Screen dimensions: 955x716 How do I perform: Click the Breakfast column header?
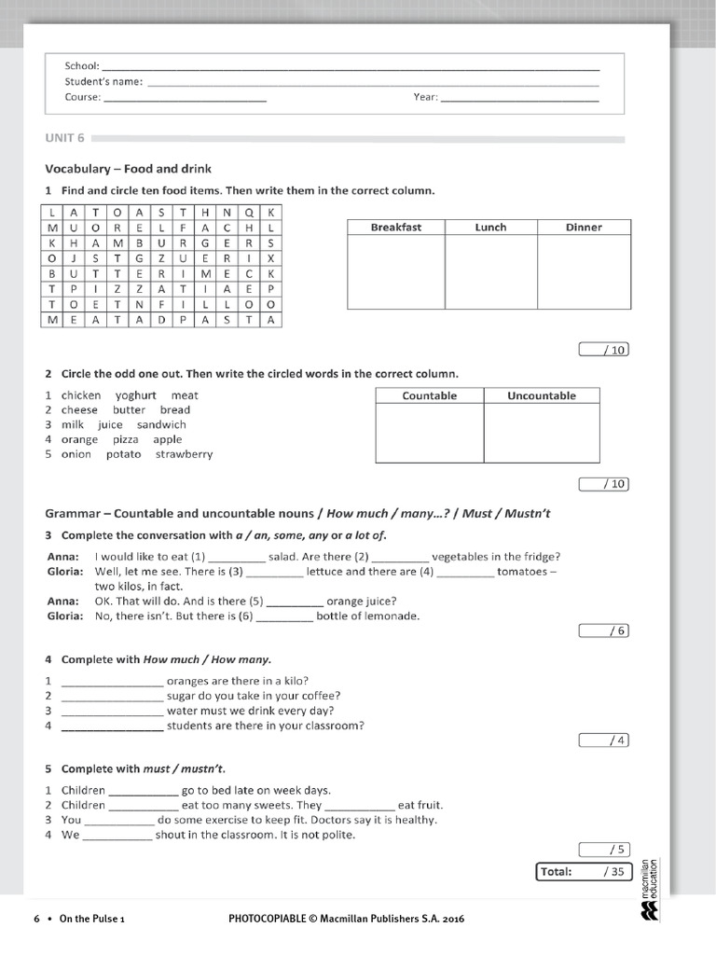[395, 227]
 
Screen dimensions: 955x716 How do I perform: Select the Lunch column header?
[490, 227]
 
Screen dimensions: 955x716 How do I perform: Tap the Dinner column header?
[584, 227]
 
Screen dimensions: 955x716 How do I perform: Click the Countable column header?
[429, 395]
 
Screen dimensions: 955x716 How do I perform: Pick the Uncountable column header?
[541, 395]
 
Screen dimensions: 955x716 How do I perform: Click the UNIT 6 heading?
[64, 138]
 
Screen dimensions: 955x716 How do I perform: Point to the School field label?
[81, 66]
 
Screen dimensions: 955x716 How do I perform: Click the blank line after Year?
[519, 97]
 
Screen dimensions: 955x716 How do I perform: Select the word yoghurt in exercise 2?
[136, 395]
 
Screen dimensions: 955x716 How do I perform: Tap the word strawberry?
[184, 454]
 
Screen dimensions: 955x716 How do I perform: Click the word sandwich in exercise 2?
[161, 424]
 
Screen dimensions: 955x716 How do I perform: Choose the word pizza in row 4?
[125, 439]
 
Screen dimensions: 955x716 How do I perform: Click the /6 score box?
[604, 630]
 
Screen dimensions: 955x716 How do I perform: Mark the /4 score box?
[604, 740]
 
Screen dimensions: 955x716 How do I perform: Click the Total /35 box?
[583, 872]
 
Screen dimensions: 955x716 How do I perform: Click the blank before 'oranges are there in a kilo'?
[112, 681]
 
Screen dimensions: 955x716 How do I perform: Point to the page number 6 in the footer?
[36, 919]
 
